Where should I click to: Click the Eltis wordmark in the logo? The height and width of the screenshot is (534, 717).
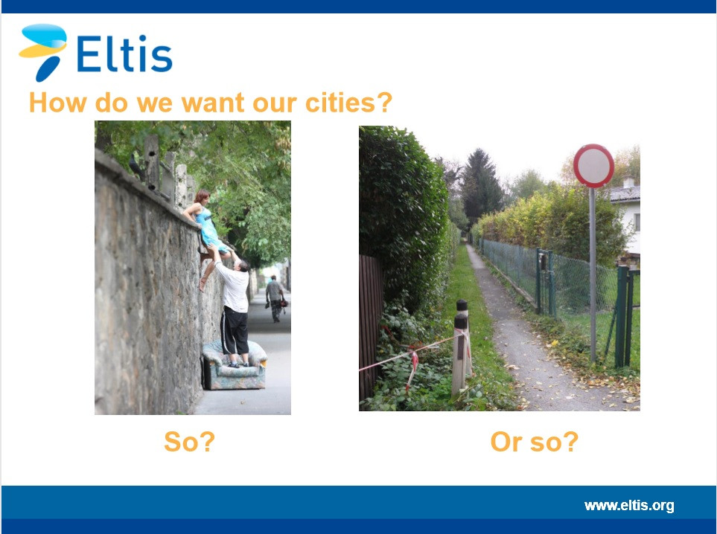pos(124,53)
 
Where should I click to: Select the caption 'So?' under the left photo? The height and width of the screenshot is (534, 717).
pos(189,442)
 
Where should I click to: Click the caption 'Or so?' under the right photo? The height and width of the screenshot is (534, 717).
pos(534,442)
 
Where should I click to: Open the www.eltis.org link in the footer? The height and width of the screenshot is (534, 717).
pos(628,506)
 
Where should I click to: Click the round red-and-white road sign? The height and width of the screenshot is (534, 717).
pos(593,165)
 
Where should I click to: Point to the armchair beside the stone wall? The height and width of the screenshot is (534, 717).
pos(234,365)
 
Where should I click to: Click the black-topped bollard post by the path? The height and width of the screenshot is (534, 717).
pos(461,347)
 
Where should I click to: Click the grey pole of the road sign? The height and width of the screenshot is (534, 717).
pos(593,274)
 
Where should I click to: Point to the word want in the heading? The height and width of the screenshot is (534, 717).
pos(214,103)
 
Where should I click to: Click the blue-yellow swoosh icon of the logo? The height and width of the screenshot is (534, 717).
pos(43,51)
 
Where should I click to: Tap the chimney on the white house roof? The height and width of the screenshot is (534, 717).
pos(628,181)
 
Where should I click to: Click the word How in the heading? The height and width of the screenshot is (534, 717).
pos(57,103)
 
